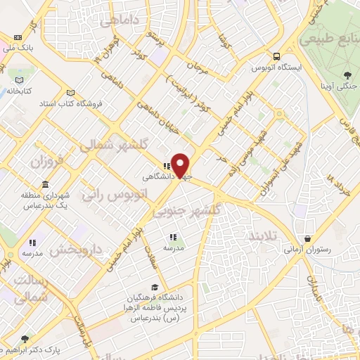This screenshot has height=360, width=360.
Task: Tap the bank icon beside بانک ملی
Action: click(x=17, y=37)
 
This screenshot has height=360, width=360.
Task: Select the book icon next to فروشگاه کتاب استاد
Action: click(x=69, y=93)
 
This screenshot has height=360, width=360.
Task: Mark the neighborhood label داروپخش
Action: click(x=78, y=249)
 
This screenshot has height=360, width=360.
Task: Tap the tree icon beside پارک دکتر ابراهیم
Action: click(x=26, y=339)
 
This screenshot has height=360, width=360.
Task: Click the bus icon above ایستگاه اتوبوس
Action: click(x=278, y=57)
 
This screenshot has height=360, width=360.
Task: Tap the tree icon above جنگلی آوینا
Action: click(x=347, y=75)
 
